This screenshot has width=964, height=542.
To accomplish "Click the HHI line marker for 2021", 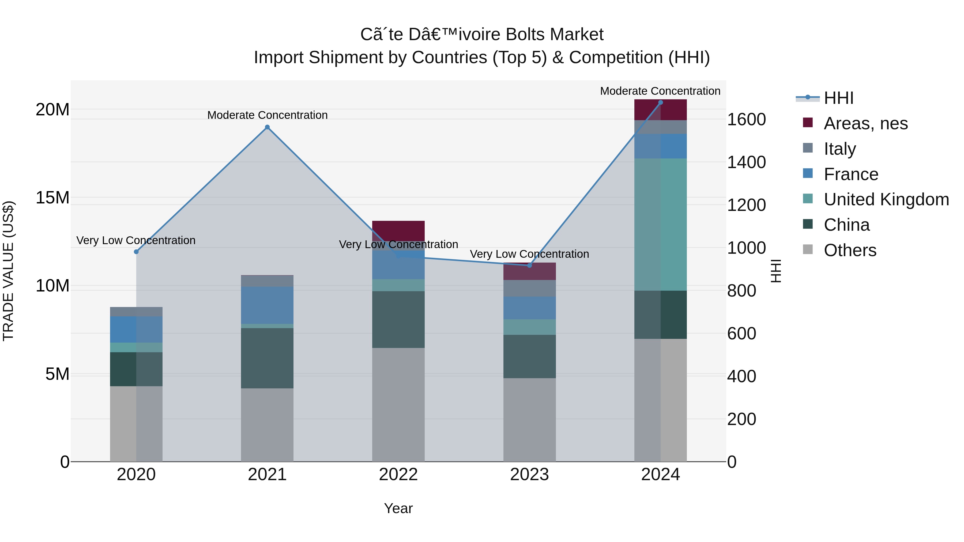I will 267,127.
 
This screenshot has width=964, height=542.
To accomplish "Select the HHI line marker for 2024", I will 661,103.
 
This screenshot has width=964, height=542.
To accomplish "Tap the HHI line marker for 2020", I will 136,252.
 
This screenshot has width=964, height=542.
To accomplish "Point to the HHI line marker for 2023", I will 529,265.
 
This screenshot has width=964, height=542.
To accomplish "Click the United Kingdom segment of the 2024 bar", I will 661,225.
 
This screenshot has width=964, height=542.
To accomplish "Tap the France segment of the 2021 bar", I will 267,305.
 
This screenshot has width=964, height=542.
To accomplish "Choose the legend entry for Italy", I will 839,149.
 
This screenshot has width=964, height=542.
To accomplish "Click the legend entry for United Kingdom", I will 886,199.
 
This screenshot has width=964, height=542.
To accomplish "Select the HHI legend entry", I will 838,98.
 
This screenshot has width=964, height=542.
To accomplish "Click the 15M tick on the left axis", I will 52,198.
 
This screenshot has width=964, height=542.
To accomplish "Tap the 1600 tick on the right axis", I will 746,120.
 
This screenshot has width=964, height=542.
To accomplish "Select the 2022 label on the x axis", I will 398,475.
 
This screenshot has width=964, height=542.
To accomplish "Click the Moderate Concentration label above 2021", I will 267,115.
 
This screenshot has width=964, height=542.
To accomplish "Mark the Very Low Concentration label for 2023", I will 529,254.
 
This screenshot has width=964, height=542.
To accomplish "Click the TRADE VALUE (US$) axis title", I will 8,271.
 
